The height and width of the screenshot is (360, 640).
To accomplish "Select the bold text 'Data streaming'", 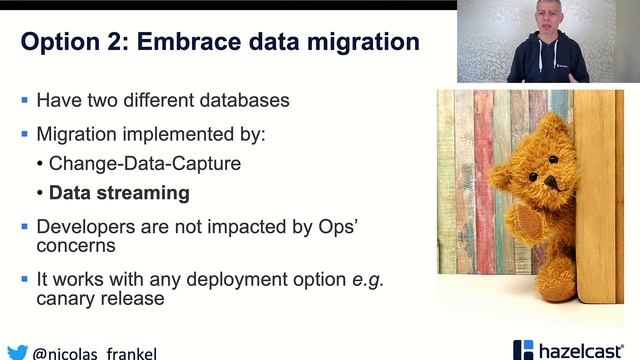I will tap(119, 193).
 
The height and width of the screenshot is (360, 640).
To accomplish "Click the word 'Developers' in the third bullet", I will tap(83, 226).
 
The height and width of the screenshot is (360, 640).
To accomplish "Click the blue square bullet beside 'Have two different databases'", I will tap(25, 100).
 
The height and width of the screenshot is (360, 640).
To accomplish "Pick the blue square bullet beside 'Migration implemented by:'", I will tap(25, 133).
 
